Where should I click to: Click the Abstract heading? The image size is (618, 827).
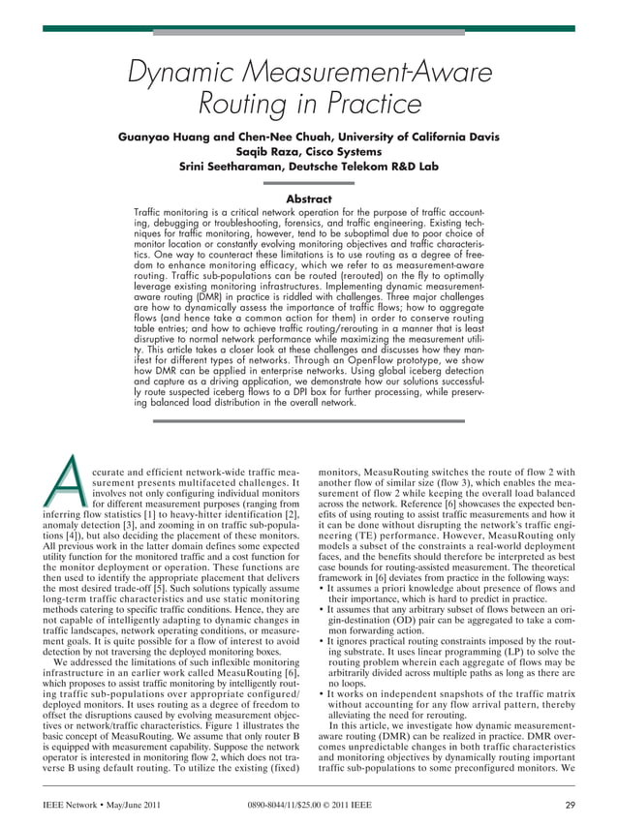(309, 199)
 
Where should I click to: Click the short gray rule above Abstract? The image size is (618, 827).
(309, 183)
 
